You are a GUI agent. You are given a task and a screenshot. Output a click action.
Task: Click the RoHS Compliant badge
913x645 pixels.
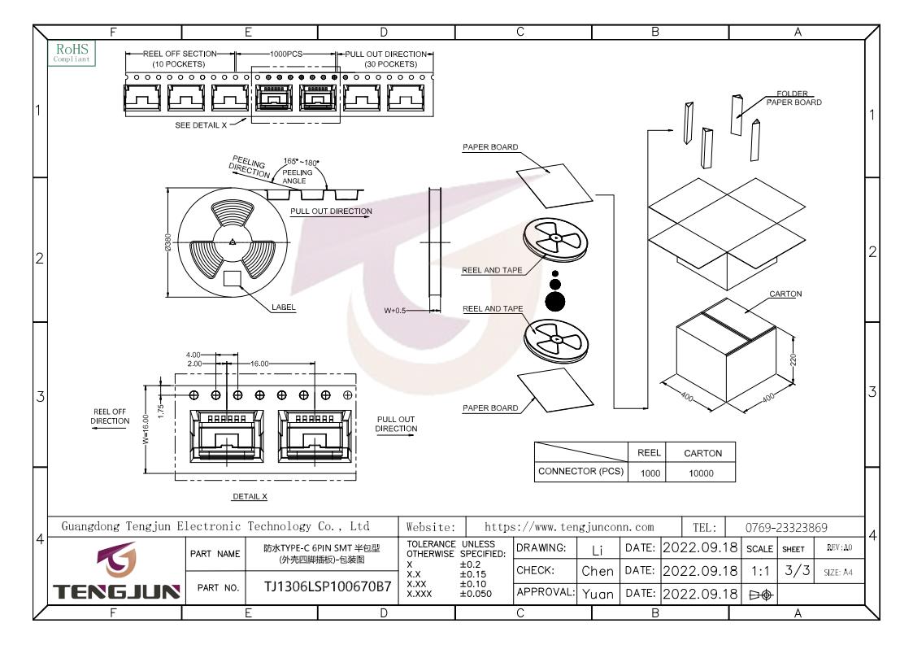[72, 52]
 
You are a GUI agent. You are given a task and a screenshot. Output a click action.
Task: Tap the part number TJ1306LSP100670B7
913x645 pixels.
[328, 586]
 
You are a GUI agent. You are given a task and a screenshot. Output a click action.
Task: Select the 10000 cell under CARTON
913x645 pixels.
[701, 473]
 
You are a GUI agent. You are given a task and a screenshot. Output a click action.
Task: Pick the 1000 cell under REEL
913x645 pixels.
[650, 473]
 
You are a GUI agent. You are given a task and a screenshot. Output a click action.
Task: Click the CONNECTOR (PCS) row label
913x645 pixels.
[580, 471]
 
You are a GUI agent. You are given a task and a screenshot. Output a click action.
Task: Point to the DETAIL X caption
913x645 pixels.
[250, 496]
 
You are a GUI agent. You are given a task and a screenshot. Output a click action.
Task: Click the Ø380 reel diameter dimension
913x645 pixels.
[168, 242]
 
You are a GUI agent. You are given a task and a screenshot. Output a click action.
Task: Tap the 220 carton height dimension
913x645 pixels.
[793, 360]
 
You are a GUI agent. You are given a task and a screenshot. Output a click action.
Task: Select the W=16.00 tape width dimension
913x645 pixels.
[146, 429]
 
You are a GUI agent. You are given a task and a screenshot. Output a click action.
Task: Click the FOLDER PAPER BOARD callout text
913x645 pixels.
[793, 98]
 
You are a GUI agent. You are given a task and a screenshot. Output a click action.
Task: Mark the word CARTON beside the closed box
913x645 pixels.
[785, 294]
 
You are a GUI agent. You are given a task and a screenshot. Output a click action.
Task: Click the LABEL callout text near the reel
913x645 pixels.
[284, 307]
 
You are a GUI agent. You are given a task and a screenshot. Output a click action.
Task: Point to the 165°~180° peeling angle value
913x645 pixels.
[301, 162]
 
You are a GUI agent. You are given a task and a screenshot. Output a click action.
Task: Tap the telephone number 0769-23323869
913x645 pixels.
[786, 527]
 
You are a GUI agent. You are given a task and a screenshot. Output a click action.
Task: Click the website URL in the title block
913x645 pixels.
[569, 527]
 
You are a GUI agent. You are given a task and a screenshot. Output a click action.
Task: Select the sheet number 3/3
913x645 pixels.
[797, 570]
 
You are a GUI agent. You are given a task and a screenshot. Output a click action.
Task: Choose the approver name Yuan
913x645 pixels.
[598, 594]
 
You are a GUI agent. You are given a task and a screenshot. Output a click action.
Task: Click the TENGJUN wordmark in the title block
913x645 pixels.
[116, 592]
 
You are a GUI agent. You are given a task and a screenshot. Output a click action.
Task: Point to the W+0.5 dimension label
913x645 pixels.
[395, 311]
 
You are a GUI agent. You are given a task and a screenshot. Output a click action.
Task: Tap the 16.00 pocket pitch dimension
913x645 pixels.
[259, 364]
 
